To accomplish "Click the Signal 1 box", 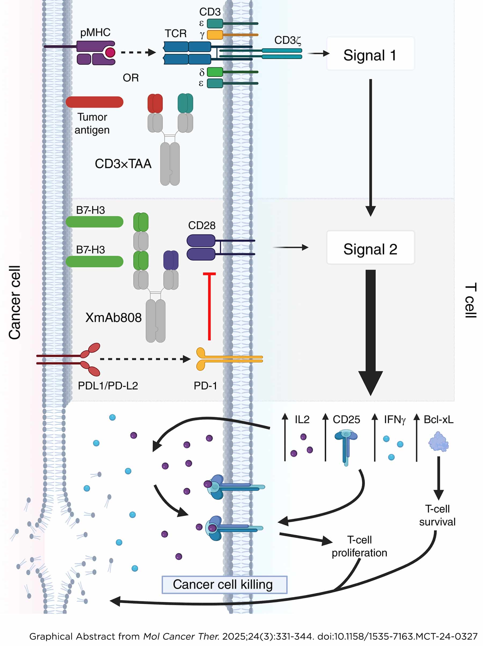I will [x=370, y=53].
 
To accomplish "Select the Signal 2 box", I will [x=370, y=247].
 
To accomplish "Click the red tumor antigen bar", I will [x=94, y=102].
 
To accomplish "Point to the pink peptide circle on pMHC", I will [x=110, y=53].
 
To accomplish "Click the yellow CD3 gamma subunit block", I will [x=215, y=35].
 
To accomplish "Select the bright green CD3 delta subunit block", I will [x=215, y=72].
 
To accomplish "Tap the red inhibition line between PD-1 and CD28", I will [x=209, y=307].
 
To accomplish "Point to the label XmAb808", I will [x=113, y=317].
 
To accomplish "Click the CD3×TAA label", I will [x=123, y=164].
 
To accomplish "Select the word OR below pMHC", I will [x=130, y=78].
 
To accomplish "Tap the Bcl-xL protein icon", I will [x=438, y=442].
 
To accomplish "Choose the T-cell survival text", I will [x=437, y=515].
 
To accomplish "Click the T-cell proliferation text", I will [x=359, y=546].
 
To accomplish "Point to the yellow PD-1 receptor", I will [x=204, y=359].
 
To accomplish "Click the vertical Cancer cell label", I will [x=14, y=302].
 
